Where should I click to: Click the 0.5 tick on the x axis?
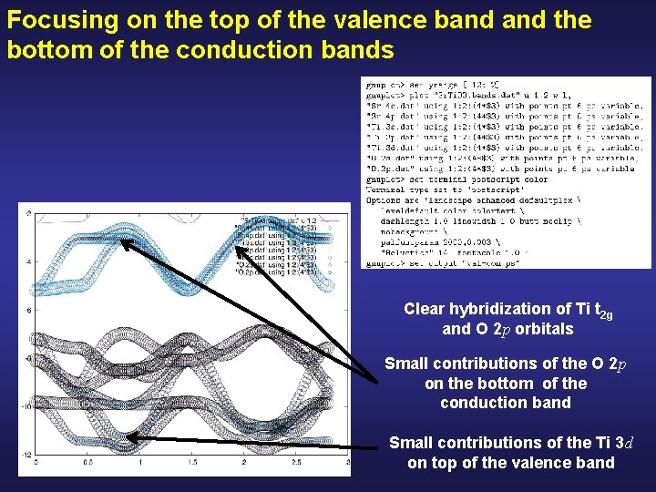pos(87,464)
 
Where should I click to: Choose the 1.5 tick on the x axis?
pos(192,464)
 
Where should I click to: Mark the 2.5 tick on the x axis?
pos(297,464)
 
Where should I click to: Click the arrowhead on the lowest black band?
pos(130,438)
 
